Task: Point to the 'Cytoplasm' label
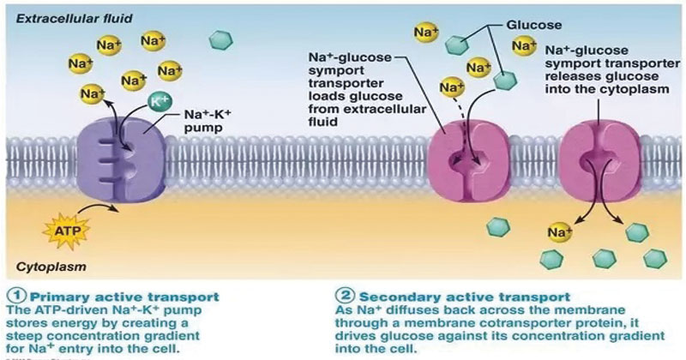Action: pyautogui.click(x=45, y=267)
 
